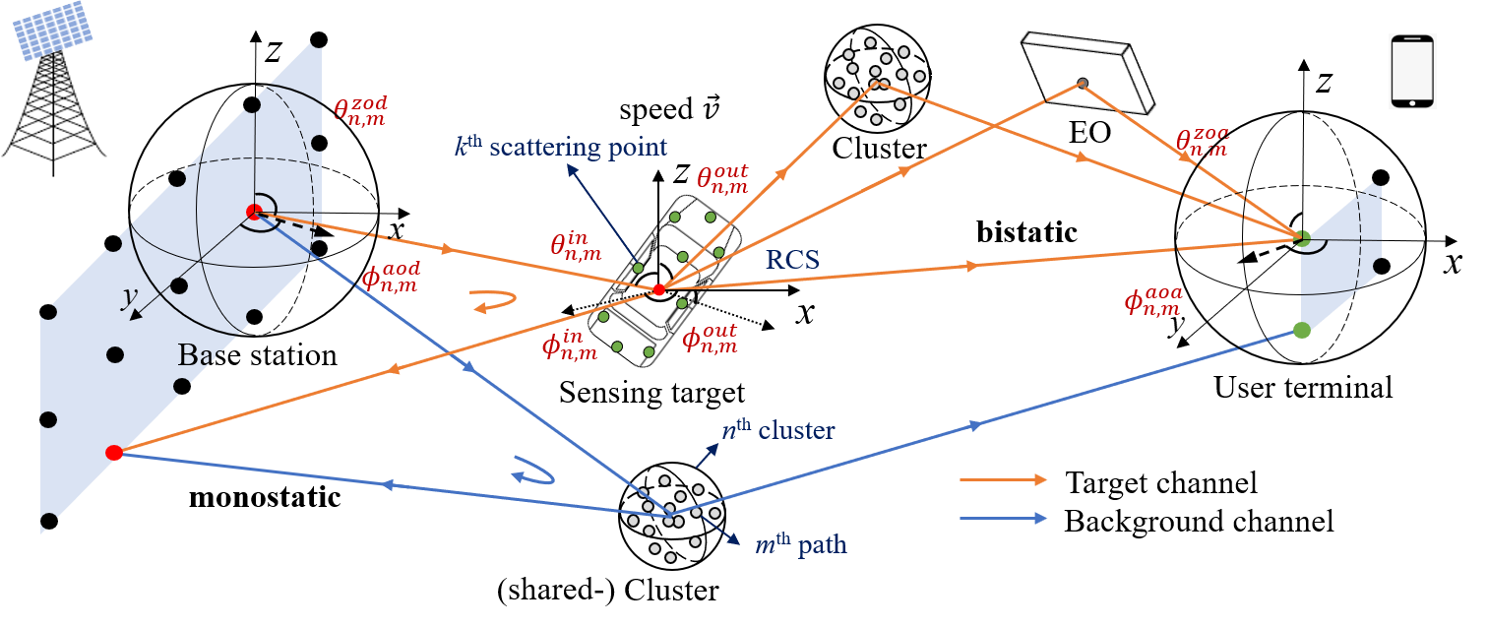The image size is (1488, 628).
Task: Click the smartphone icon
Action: (1412, 71)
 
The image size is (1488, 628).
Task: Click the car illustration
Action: (664, 282)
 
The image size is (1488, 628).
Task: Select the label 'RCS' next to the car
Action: (793, 259)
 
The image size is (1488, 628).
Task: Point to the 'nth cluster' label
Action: (778, 430)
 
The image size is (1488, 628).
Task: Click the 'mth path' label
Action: (800, 544)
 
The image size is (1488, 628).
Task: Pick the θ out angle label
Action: (722, 177)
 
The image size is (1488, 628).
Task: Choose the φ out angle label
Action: (710, 339)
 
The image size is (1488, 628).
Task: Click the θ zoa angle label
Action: (1203, 143)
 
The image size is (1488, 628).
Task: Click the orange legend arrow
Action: (1003, 479)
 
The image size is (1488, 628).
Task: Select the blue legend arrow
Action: (1003, 518)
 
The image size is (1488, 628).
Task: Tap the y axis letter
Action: (128, 298)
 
